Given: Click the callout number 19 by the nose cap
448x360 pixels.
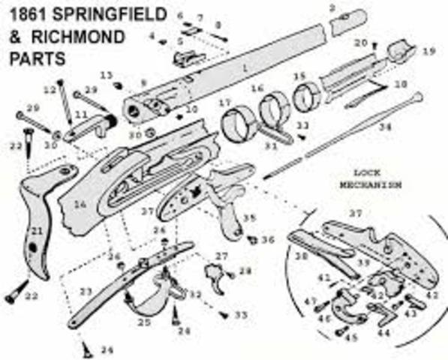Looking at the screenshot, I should click(428, 52).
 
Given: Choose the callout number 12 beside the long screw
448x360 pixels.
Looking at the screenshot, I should click(50, 89).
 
